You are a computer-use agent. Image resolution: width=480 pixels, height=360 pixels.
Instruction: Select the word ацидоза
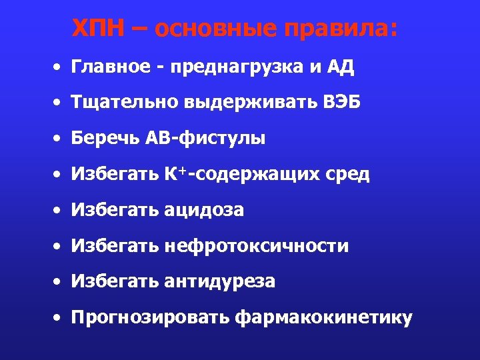point(204,211)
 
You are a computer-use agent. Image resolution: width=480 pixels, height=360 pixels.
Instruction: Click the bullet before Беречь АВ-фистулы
point(59,139)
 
